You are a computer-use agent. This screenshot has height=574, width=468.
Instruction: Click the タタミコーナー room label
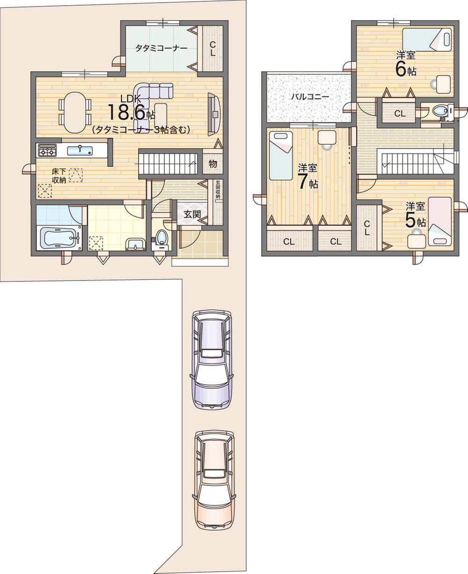pos(161,48)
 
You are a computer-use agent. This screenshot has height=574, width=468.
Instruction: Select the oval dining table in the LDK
pos(75,112)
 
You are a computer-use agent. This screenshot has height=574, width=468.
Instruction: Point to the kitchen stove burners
pos(47,150)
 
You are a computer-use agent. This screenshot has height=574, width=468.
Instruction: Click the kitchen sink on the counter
pos(80,150)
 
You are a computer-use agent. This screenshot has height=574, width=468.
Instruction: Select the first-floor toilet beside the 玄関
pos(161,238)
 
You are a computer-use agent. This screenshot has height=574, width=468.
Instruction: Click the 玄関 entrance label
pos(192,215)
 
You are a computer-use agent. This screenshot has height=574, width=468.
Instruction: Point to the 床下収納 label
pos(59,175)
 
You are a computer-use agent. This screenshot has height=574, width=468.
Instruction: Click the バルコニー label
pos(309,97)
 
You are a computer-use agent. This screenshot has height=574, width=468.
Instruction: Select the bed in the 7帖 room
pos(281,155)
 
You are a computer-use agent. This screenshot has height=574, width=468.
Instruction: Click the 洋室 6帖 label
pos(405,64)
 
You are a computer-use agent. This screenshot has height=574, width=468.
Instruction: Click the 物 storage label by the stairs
pos(213,164)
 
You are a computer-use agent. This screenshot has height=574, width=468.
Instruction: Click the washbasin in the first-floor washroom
pos(136,243)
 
